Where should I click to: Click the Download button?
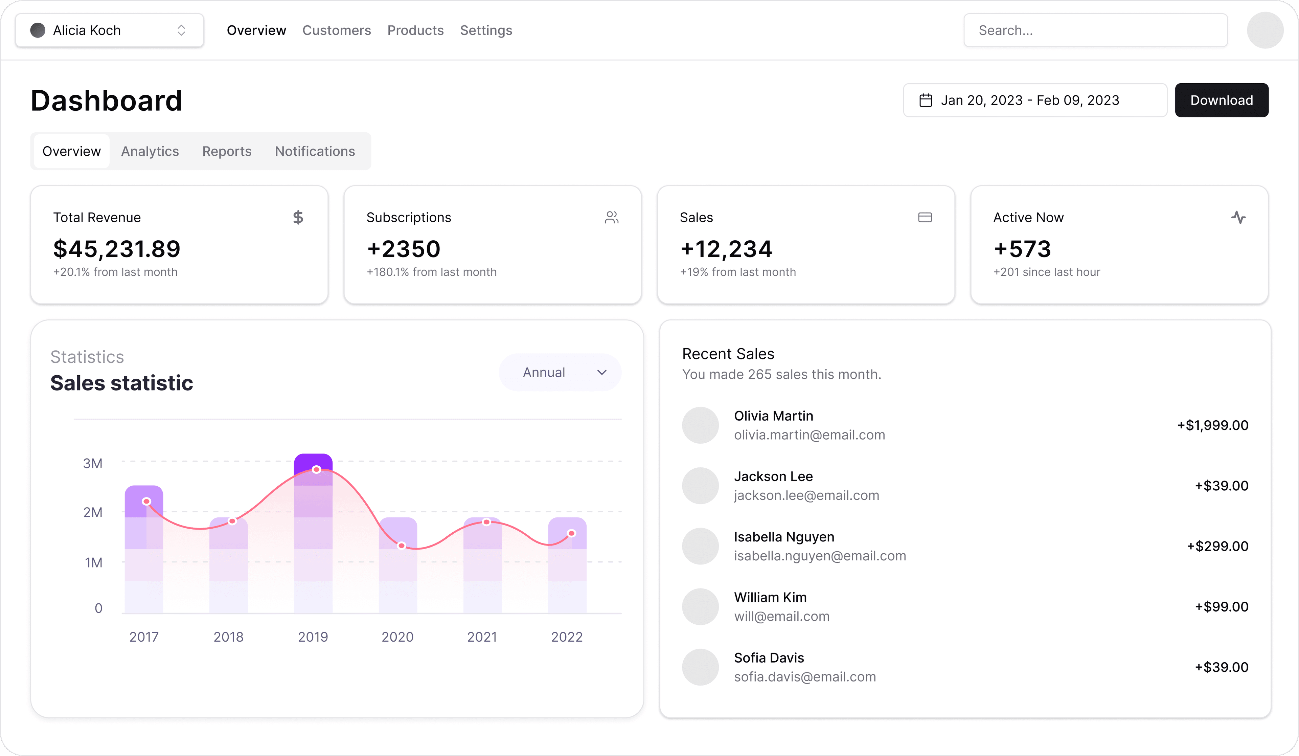[x=1221, y=100]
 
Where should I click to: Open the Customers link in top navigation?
[x=336, y=30]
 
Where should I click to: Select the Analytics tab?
[x=150, y=151]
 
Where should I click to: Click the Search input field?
[x=1095, y=30]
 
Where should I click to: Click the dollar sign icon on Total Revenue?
[x=298, y=217]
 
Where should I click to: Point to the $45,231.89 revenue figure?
[x=116, y=249]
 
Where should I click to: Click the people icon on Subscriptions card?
[x=611, y=217]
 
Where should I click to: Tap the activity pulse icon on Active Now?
[x=1238, y=217]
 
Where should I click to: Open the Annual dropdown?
[x=560, y=372]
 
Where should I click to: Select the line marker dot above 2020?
[x=402, y=546]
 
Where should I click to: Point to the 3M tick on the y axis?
[x=93, y=463]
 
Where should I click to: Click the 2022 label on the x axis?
[x=567, y=637]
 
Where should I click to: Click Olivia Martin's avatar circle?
[x=700, y=425]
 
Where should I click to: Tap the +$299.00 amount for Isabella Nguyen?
[x=1217, y=546]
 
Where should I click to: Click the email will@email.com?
[x=781, y=616]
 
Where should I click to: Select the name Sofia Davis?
[x=769, y=658]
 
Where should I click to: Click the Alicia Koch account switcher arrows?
[x=181, y=30]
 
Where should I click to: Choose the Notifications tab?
[x=315, y=151]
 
